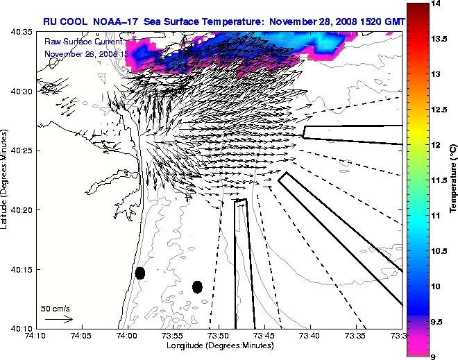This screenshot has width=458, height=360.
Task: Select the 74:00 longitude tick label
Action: [x=127, y=336]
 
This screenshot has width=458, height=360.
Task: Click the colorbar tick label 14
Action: [x=436, y=4]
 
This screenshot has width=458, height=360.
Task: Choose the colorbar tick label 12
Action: [x=436, y=145]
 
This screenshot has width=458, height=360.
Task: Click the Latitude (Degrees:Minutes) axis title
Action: [x=5, y=180]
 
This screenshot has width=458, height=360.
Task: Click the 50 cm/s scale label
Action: [x=56, y=308]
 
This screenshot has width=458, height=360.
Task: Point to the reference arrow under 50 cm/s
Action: [x=58, y=319]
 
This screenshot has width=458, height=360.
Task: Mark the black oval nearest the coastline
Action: [x=140, y=273]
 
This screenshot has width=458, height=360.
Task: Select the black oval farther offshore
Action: [x=197, y=286]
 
